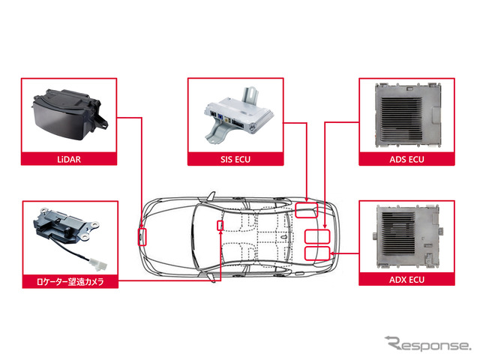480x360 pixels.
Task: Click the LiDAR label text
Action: click(x=69, y=160)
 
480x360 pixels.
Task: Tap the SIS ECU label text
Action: click(x=235, y=160)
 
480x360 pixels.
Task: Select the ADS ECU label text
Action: click(x=406, y=160)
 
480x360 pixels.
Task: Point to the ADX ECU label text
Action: click(x=406, y=280)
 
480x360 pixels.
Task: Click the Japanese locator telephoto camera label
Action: click(x=70, y=282)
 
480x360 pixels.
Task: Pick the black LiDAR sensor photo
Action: click(x=70, y=114)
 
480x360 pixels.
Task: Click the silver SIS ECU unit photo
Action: click(x=238, y=115)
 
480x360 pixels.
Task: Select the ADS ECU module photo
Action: click(x=408, y=115)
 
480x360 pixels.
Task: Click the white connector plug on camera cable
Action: click(x=97, y=265)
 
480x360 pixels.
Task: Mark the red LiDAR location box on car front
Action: click(x=142, y=237)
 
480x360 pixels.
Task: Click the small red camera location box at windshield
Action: click(x=220, y=226)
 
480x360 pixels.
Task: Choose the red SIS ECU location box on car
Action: click(x=307, y=210)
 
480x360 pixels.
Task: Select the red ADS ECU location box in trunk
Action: click(x=317, y=237)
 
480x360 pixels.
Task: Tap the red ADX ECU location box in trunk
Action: click(x=317, y=253)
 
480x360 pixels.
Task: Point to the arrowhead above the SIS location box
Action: click(x=307, y=199)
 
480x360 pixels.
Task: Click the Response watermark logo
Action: click(x=427, y=343)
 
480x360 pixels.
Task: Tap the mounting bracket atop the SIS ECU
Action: click(x=250, y=95)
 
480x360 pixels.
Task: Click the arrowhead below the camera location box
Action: click(x=220, y=232)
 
